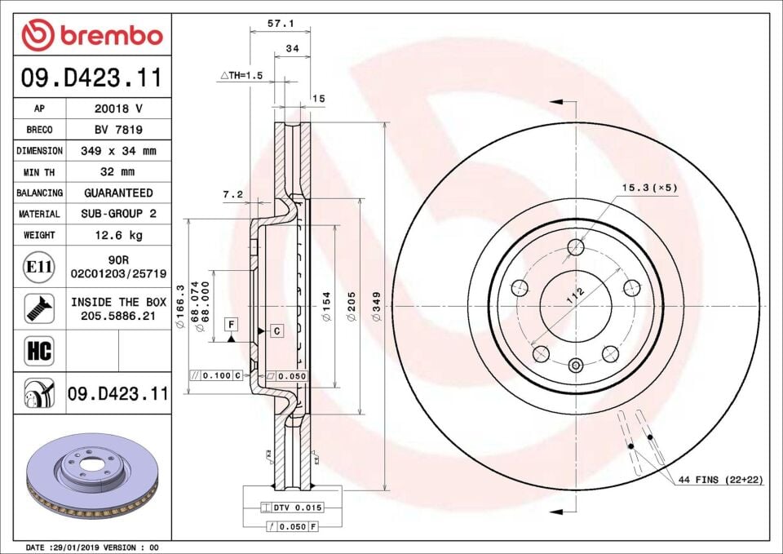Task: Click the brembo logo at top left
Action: click(x=91, y=35)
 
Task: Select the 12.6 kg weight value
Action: click(x=118, y=235)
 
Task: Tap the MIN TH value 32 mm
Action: click(x=118, y=172)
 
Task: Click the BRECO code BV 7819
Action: click(x=118, y=130)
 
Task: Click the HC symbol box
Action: click(x=39, y=352)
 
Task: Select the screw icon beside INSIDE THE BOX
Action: click(x=38, y=308)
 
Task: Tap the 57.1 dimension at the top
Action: click(x=281, y=24)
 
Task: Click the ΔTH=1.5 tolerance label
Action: click(x=241, y=75)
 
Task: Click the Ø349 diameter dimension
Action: click(x=376, y=308)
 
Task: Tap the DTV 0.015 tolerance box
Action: click(x=291, y=507)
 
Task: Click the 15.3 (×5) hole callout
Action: click(x=649, y=188)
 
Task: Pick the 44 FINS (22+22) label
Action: click(x=719, y=480)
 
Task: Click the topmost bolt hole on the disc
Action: click(x=577, y=247)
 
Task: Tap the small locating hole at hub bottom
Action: click(x=576, y=365)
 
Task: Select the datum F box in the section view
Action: click(x=232, y=324)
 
